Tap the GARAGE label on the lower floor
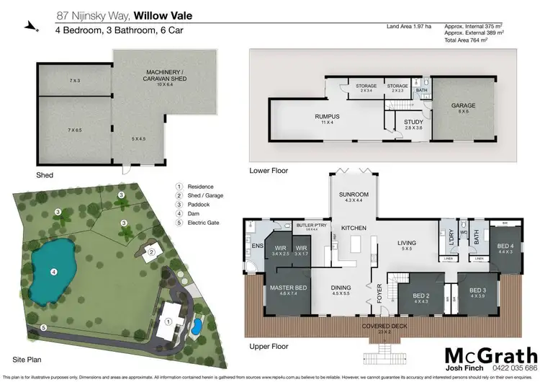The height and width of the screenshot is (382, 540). (x=463, y=105)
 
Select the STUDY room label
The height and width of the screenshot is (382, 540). (x=413, y=122)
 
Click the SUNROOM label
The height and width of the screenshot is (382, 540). (x=354, y=195)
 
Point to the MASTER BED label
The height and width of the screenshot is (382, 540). (x=284, y=288)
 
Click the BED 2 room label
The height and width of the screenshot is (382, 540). (x=421, y=296)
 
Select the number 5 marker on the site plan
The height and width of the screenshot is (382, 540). (x=44, y=328)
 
